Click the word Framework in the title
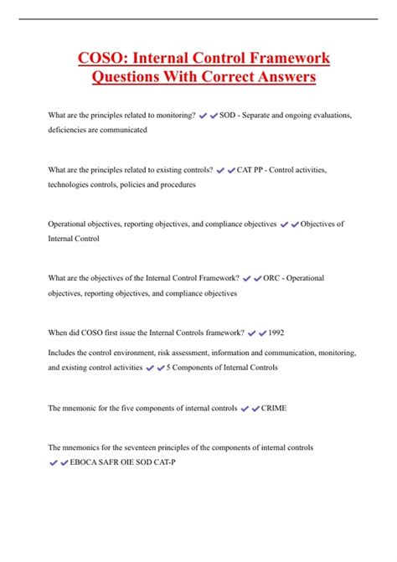[282, 59]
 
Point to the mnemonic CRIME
[274, 409]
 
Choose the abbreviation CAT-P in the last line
[200, 461]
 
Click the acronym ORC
[271, 277]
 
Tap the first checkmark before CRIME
[245, 410]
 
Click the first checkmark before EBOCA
[54, 462]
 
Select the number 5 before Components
[169, 367]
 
